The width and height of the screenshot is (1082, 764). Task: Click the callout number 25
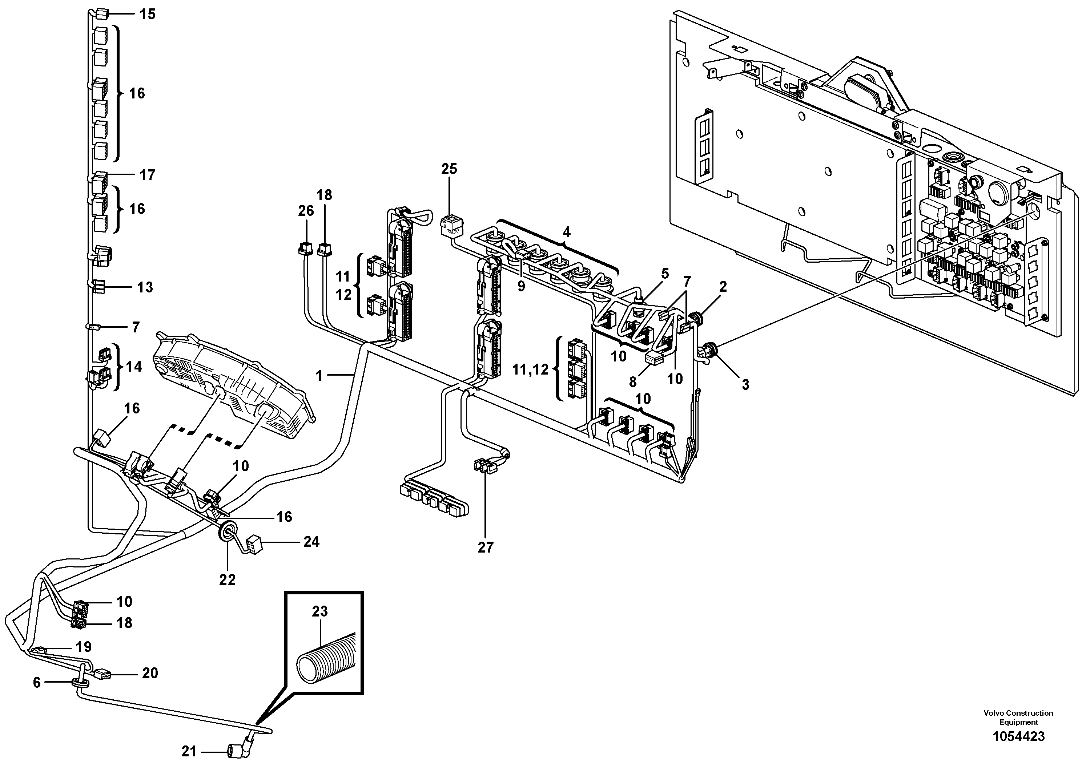(x=449, y=169)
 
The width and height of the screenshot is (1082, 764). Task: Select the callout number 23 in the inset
(x=319, y=611)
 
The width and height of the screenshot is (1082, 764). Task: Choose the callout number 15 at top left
(x=147, y=14)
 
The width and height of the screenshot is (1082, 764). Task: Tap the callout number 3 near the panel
(x=745, y=384)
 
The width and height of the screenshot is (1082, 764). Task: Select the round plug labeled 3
(x=708, y=351)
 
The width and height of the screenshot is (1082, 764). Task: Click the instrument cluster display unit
(x=233, y=384)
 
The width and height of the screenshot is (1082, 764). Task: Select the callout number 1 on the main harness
(x=319, y=375)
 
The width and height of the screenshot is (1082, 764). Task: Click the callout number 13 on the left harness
(x=145, y=287)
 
